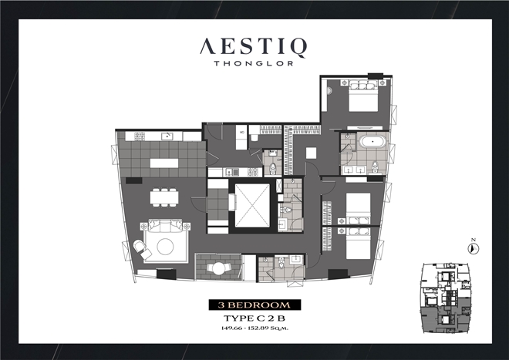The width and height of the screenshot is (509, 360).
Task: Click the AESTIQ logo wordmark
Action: pos(253,47)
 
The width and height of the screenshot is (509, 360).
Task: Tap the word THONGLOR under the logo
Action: pos(254,63)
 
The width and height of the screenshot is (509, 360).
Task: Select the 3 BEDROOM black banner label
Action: pos(254,304)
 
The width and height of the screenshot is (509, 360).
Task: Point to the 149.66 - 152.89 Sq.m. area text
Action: pos(254,328)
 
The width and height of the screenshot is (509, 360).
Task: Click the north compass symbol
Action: pos(474,247)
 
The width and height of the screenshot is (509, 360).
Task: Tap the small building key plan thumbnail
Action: pos(446,298)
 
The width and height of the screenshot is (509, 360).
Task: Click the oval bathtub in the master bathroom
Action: pos(372,142)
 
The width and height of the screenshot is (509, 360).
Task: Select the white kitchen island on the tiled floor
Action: pos(164,163)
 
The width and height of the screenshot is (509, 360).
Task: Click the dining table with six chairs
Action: pos(164,197)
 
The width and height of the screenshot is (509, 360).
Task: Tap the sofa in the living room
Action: pos(165,225)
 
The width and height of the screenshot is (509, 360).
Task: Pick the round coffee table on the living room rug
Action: pos(165,247)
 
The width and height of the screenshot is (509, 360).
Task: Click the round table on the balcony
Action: pos(218,269)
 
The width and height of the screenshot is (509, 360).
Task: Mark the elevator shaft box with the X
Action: pos(252,206)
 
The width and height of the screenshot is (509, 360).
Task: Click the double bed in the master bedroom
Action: pos(363,96)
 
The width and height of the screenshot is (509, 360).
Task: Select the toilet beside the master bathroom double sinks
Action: pos(376,167)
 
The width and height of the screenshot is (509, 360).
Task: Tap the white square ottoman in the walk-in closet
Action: pos(311,153)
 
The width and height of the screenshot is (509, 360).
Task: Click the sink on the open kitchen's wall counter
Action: pos(167,136)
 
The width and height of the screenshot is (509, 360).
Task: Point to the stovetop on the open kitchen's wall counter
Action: pos(140,136)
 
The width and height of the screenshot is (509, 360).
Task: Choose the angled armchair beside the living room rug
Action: pos(142,249)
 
